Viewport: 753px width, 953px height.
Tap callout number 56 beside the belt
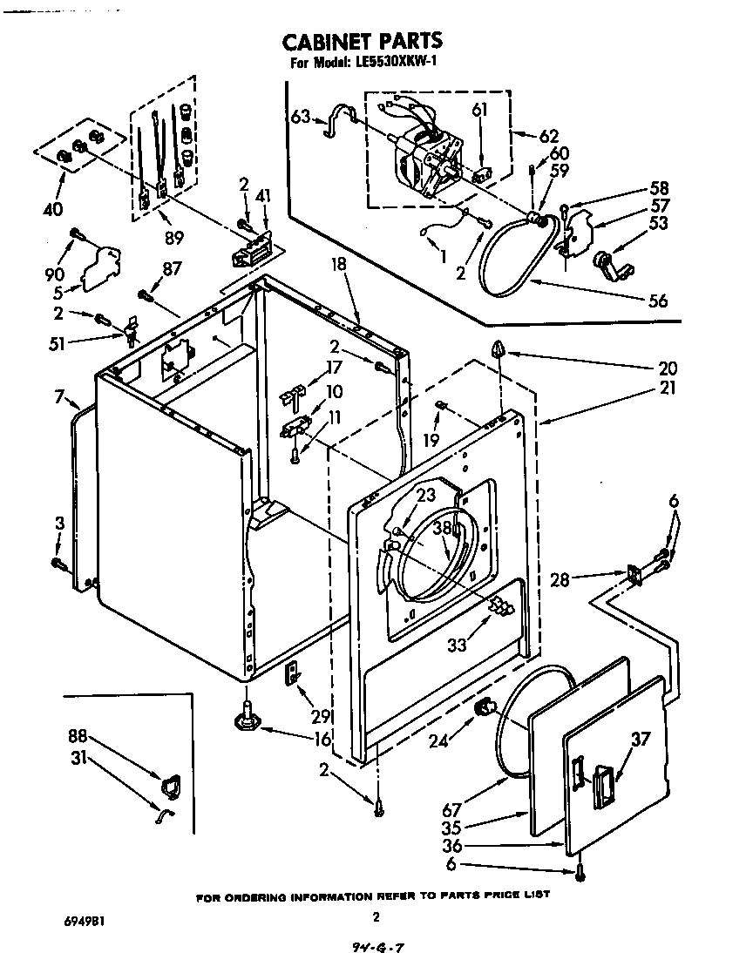tap(658, 301)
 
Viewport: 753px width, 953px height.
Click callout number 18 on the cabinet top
tap(339, 265)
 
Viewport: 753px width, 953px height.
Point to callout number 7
tap(59, 398)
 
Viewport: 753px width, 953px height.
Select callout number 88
tap(78, 736)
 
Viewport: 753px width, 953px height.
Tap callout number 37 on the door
tap(641, 740)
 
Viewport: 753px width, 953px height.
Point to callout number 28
tap(560, 578)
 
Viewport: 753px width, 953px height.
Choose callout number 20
tap(668, 368)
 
